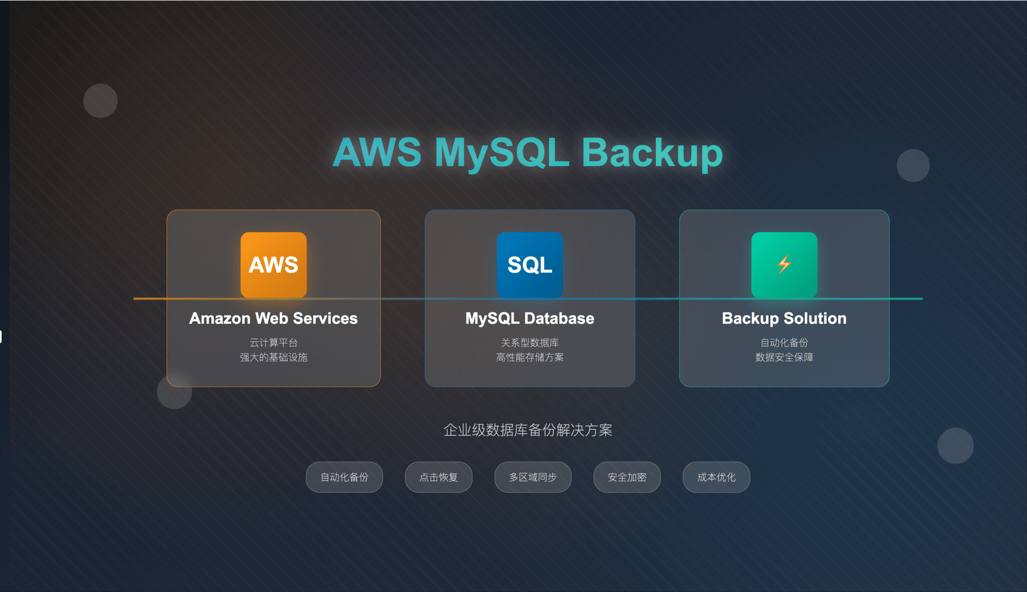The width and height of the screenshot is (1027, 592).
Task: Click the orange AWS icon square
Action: (273, 264)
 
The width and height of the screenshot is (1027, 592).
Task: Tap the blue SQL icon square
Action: (530, 264)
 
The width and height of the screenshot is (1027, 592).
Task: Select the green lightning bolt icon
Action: (784, 264)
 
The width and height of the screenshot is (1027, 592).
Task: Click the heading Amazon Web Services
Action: (273, 318)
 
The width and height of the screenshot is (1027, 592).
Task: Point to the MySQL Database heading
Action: (530, 318)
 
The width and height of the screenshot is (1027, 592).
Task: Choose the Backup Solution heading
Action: (784, 318)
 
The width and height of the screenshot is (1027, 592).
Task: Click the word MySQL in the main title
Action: (501, 153)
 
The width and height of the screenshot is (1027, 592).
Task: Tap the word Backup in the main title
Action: (652, 153)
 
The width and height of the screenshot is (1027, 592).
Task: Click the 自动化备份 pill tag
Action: (344, 477)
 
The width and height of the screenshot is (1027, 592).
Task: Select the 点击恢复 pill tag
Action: (438, 477)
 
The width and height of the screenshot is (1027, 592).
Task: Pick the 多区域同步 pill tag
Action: (533, 477)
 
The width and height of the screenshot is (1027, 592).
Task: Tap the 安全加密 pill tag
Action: (626, 477)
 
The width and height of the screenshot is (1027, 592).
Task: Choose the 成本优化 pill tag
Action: (716, 477)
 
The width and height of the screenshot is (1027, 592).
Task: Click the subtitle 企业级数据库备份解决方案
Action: (528, 430)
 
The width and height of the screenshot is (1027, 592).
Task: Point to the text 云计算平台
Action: (273, 343)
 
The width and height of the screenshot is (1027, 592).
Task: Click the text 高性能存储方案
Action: (530, 357)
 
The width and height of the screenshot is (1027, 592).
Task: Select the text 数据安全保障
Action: (784, 357)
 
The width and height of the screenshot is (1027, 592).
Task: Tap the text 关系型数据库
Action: (530, 343)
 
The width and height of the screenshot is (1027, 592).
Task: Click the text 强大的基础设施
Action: (273, 357)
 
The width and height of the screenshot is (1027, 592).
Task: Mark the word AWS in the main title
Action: (377, 153)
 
